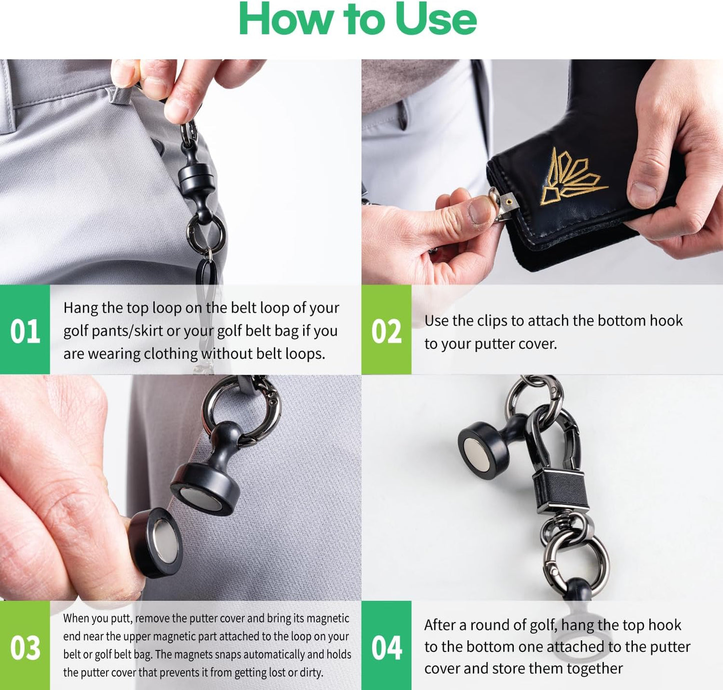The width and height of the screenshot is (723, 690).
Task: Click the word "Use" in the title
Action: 436,19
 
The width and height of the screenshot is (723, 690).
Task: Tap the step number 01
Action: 25,331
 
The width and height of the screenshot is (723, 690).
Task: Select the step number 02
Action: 386,331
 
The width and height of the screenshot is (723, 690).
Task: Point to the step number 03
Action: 25,647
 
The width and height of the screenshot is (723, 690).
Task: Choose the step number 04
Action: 386,647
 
